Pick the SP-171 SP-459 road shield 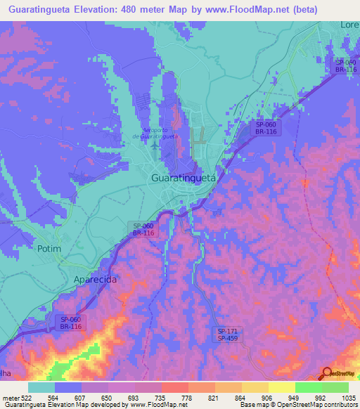pyautogui.click(x=227, y=334)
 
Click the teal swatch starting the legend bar pyautogui.click(x=41, y=387)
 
